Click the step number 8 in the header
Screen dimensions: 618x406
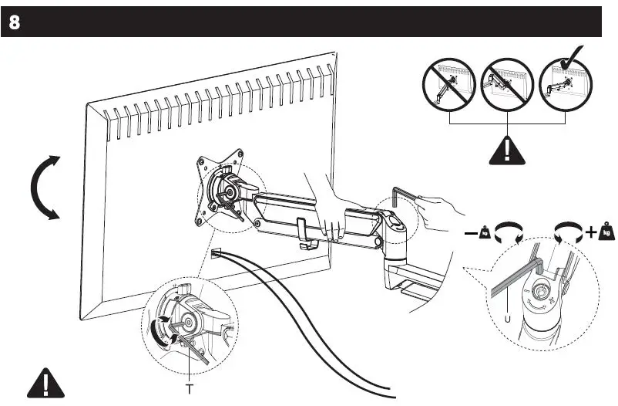15,22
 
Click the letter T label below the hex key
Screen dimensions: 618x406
189,388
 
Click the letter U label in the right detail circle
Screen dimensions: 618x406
508,316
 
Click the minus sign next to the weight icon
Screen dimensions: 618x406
470,232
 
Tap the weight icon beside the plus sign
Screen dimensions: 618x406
606,231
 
